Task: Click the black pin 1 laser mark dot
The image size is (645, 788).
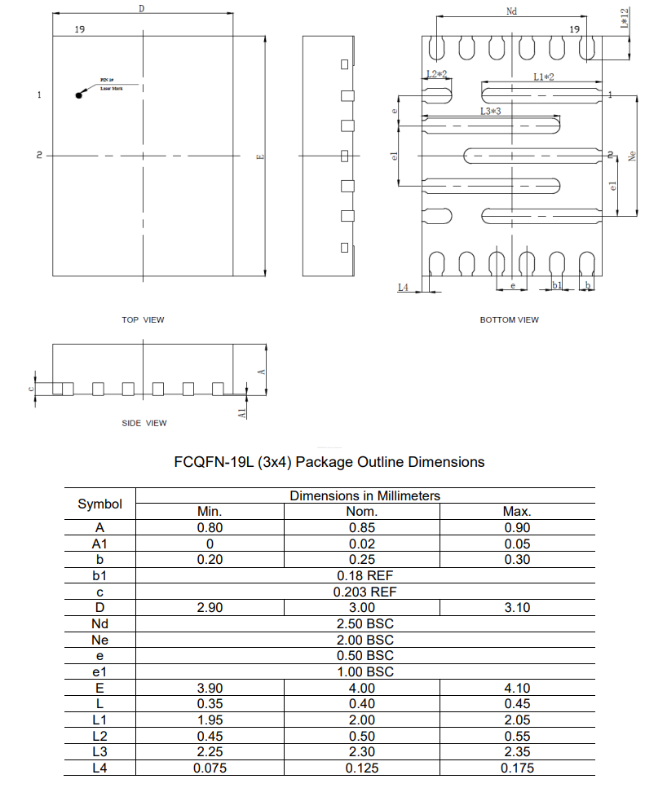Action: point(79,95)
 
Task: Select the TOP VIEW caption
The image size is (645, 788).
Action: point(143,320)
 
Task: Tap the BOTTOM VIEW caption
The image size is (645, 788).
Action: point(509,320)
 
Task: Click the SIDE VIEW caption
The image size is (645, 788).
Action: point(144,423)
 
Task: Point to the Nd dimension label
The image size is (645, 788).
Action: point(511,11)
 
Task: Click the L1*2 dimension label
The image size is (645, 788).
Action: point(544,77)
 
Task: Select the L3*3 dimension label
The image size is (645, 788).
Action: point(490,111)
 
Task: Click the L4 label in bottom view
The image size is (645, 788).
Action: point(403,288)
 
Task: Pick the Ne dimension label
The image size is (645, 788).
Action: point(632,154)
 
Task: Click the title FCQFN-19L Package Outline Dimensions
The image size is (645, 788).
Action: point(329,462)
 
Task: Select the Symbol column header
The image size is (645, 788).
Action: point(99,504)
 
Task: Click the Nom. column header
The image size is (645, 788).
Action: point(362,512)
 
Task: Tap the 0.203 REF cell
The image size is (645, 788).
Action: point(364,592)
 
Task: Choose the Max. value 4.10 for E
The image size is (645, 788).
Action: point(517,688)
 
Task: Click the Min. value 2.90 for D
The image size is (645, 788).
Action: point(210,608)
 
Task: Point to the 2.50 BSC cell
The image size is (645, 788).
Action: point(364,623)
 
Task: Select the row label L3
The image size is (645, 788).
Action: point(99,751)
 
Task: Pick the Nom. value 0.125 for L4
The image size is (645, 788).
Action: point(362,768)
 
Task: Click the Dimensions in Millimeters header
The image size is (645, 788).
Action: point(364,495)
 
